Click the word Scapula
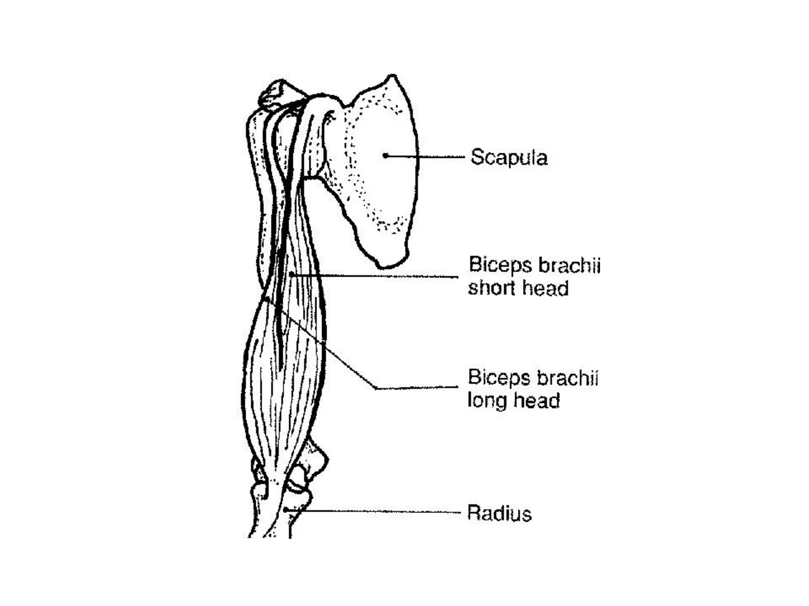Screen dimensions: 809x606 click(509, 157)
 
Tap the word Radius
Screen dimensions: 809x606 click(499, 513)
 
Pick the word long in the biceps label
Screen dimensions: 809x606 click(485, 401)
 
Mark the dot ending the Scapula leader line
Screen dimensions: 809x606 click(385, 155)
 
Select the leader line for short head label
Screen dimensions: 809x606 click(375, 276)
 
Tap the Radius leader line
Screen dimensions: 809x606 click(375, 512)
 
